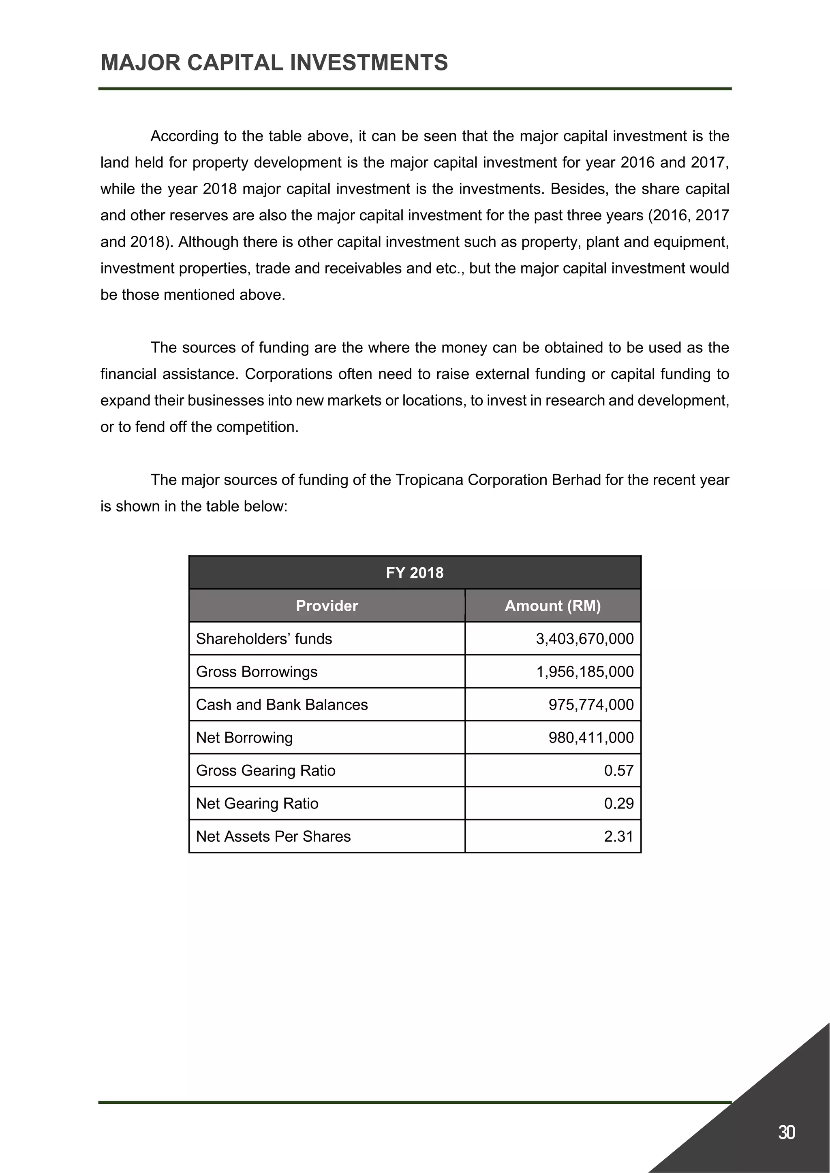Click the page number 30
pos(786,1132)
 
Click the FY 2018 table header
pos(415,573)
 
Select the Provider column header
pos(327,606)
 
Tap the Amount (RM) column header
pos(552,606)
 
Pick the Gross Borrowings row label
pos(257,672)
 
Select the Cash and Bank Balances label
pos(282,704)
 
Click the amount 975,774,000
pos(590,704)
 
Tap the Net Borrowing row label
pos(244,738)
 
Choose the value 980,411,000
pos(590,738)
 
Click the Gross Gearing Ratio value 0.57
pos(618,770)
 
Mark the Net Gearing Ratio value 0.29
pos(618,804)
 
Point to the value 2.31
pos(618,836)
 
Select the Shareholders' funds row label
pos(264,639)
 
